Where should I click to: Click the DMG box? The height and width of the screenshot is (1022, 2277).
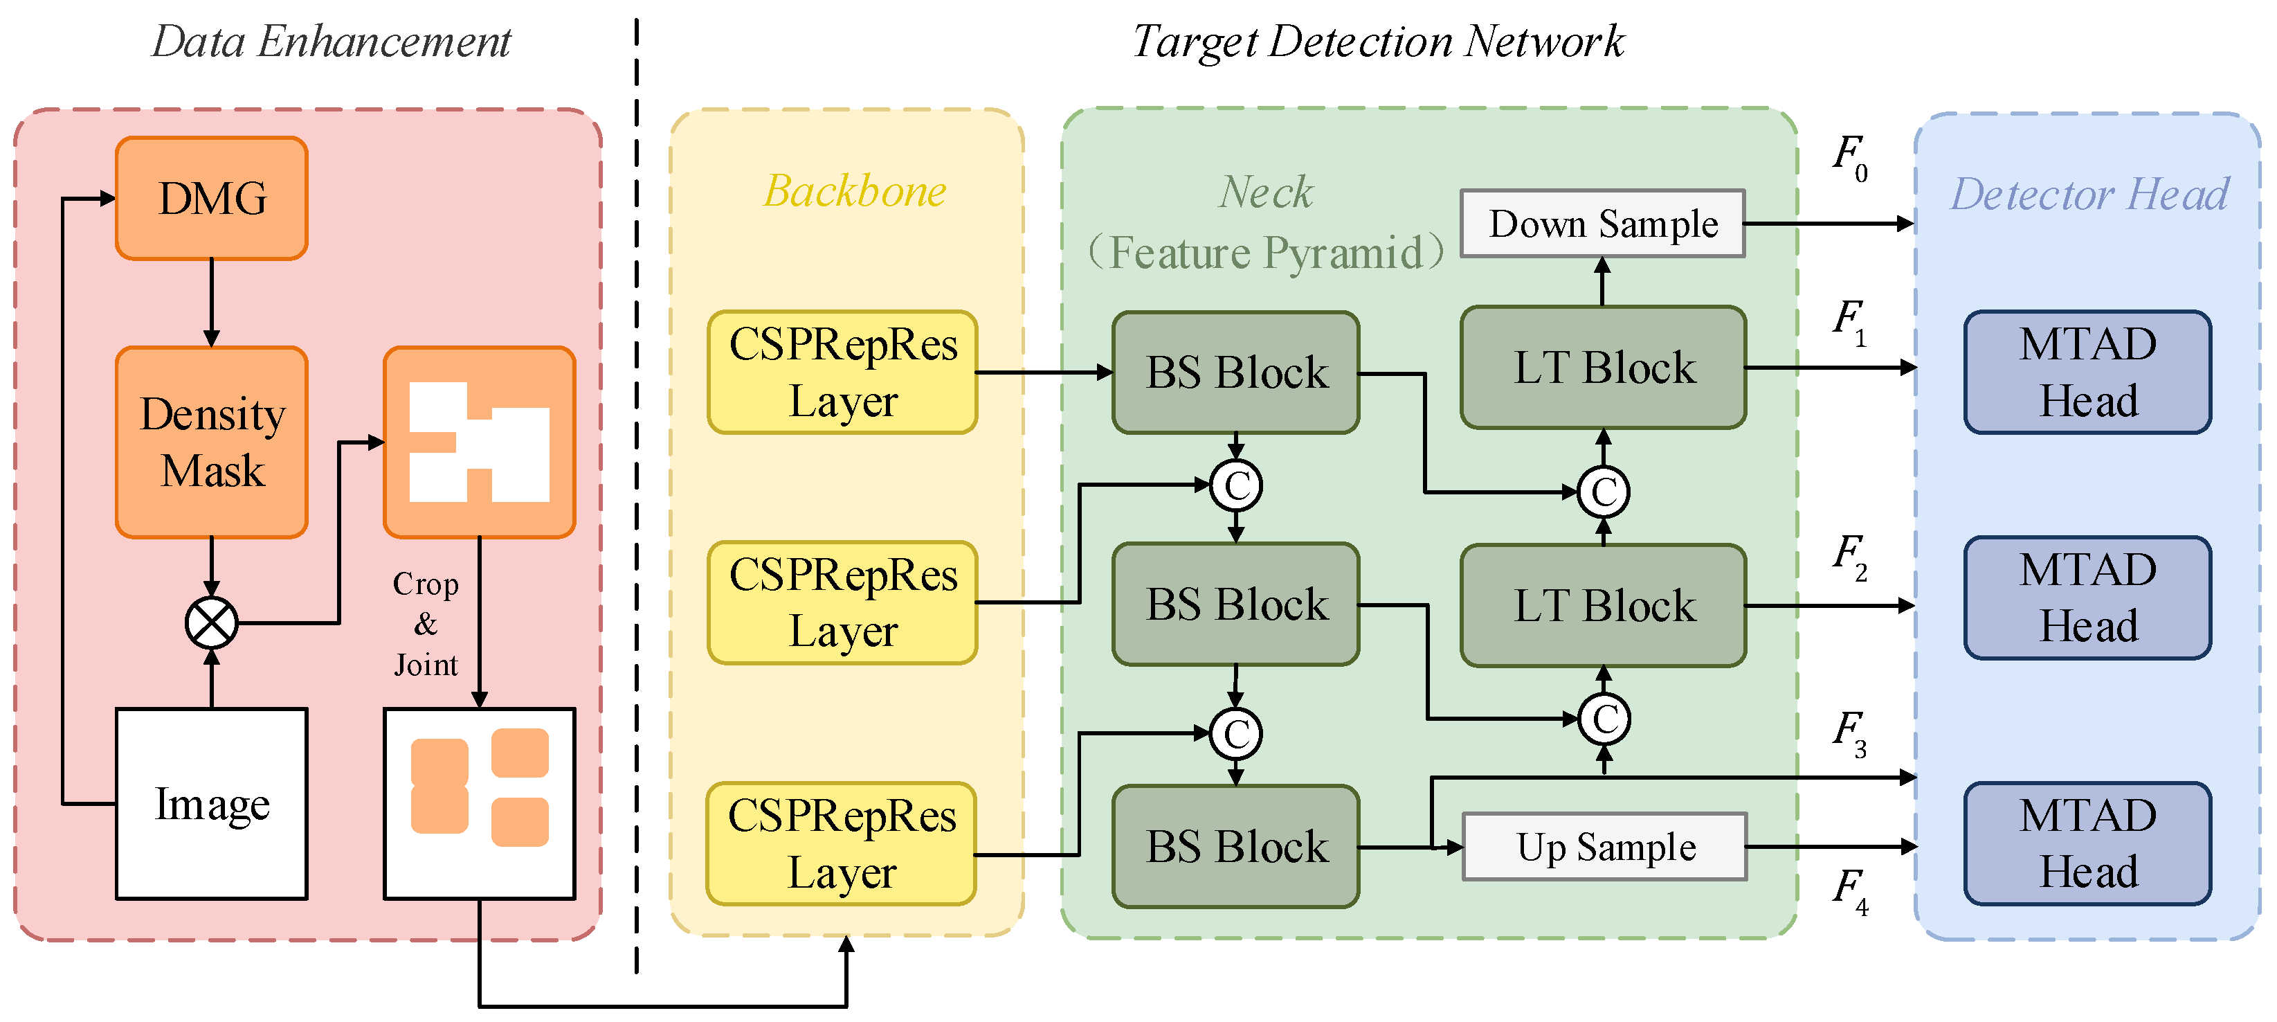click(x=211, y=198)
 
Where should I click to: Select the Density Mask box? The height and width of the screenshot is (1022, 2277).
click(x=211, y=441)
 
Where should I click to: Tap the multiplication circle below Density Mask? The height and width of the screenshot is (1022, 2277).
click(x=211, y=622)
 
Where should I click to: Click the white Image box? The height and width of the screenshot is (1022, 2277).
click(x=211, y=804)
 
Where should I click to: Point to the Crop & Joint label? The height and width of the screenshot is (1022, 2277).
click(x=425, y=623)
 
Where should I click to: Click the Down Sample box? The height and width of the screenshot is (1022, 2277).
click(x=1603, y=224)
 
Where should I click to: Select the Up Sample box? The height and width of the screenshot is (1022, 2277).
click(x=1604, y=847)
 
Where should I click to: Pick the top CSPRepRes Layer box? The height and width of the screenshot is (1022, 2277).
click(x=842, y=373)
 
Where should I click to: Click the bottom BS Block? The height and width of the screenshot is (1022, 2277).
click(x=1235, y=846)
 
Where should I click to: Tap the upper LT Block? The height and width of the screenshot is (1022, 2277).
click(x=1604, y=368)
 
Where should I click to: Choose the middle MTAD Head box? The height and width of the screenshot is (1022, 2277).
click(x=2088, y=598)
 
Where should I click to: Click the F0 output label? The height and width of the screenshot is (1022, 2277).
click(x=1849, y=157)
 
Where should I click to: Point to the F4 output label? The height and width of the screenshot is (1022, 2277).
click(x=1849, y=890)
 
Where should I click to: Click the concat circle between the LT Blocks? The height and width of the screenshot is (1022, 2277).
click(x=1604, y=492)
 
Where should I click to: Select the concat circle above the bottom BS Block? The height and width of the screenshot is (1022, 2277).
click(x=1235, y=734)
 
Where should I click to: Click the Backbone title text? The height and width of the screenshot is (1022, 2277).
click(x=855, y=191)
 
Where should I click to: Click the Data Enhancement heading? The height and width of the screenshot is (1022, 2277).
click(x=332, y=42)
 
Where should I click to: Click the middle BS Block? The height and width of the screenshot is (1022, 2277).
click(x=1235, y=604)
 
